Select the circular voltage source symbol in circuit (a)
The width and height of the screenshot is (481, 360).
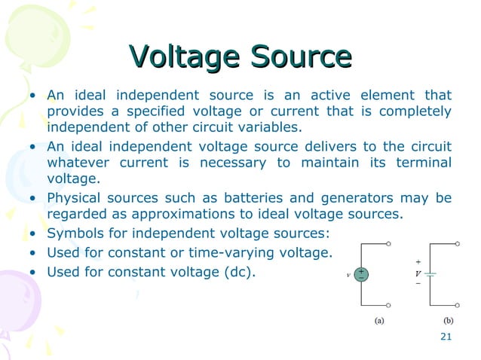[362, 274]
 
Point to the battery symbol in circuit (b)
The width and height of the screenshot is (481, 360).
[430, 274]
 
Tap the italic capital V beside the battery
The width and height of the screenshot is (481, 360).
[418, 273]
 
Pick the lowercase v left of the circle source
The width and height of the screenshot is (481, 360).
[348, 275]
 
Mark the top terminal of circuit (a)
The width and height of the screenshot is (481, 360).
[389, 244]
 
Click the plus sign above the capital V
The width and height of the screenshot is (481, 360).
[418, 262]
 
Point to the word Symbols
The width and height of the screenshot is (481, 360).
[73, 233]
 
